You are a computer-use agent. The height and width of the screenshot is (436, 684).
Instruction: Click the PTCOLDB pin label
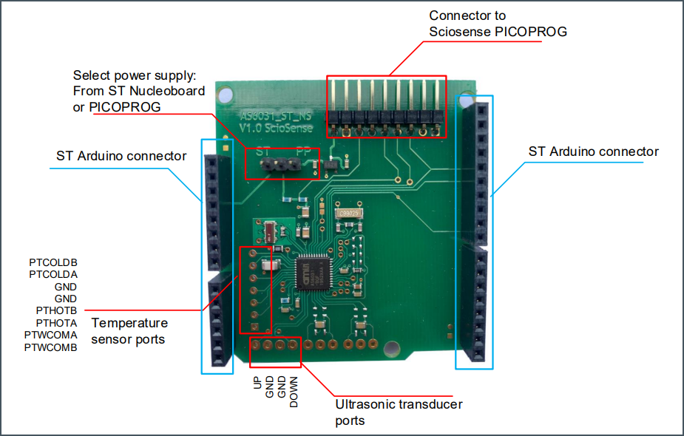(53, 262)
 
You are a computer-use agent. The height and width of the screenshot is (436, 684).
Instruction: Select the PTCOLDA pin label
(53, 274)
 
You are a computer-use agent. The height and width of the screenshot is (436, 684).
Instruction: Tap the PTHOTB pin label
(56, 310)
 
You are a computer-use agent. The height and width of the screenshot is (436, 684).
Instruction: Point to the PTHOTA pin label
(56, 322)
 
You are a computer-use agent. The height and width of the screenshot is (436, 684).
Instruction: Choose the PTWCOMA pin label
(51, 335)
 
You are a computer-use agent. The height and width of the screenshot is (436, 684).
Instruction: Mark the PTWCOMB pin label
(51, 347)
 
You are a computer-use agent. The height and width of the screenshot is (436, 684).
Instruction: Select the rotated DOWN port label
(294, 392)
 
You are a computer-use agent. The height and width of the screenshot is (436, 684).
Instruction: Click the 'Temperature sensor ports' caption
(129, 331)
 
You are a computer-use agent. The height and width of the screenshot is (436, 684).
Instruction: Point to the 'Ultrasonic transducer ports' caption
(399, 412)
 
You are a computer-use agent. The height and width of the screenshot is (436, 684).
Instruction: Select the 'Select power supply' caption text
(134, 75)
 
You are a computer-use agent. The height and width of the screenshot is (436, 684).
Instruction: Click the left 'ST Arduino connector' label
(121, 156)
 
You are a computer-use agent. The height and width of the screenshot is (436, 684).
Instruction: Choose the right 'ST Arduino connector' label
(593, 151)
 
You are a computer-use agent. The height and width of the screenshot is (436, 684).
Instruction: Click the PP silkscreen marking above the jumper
(302, 151)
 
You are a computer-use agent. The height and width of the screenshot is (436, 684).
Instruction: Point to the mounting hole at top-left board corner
(226, 95)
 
